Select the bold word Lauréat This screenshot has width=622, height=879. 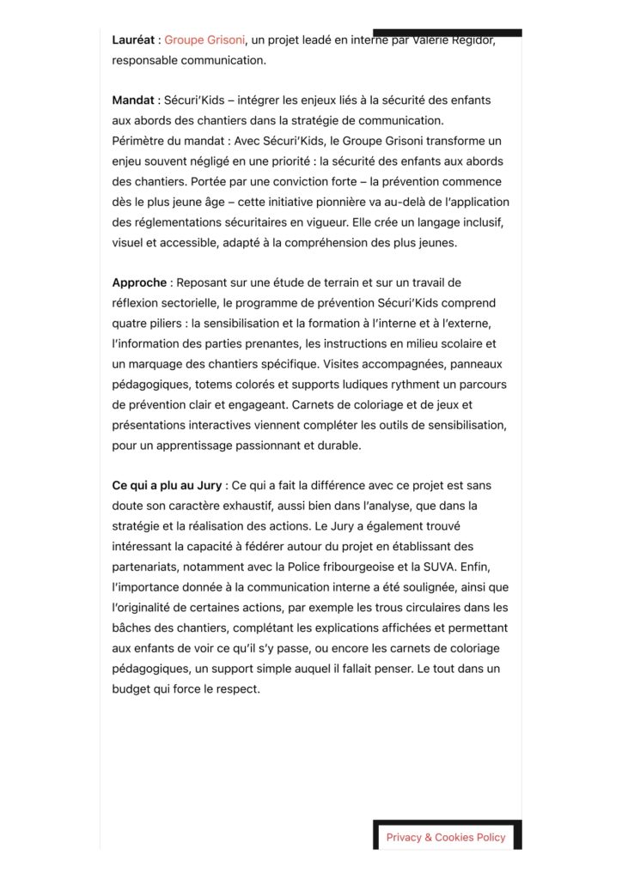pos(134,39)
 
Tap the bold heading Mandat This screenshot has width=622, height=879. pos(133,100)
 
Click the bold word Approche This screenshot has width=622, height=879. pos(139,282)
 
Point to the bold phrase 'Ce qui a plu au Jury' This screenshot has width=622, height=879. pos(167,485)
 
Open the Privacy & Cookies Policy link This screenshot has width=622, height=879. pos(446,837)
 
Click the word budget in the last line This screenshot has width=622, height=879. pos(131,688)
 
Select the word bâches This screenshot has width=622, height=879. pos(131,627)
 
